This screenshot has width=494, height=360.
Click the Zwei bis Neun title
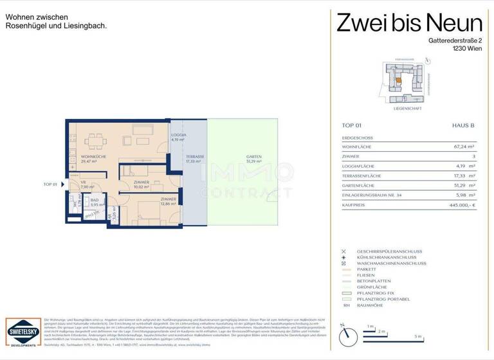click(x=409, y=24)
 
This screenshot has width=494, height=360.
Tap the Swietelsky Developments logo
click(x=21, y=332)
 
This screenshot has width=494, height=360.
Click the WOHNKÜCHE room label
click(x=83, y=157)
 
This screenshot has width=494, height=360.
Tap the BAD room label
click(x=95, y=200)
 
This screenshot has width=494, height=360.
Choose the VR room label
click(x=83, y=183)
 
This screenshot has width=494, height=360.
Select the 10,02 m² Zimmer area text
click(x=141, y=187)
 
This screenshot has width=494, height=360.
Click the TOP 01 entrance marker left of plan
click(x=52, y=184)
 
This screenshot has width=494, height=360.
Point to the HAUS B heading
click(x=462, y=126)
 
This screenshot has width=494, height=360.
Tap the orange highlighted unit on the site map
click(x=399, y=80)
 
